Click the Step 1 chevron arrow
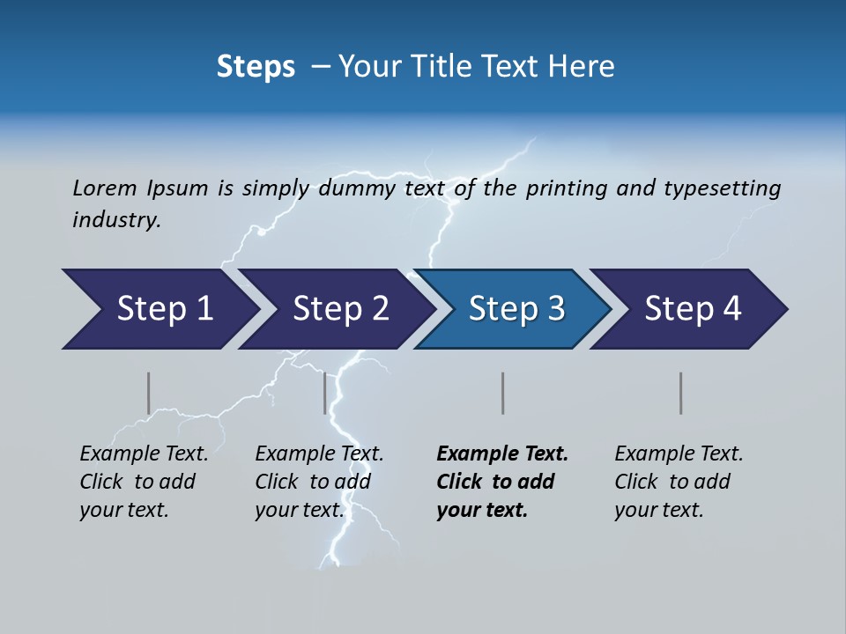164,309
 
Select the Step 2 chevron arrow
340,309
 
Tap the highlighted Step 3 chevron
516,309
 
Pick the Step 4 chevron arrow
692,309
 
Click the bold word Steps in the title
256,67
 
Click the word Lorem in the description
104,188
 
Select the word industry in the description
115,220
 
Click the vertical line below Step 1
149,393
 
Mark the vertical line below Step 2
325,393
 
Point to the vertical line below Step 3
503,393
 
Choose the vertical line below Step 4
681,393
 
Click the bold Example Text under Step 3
502,454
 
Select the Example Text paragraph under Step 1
143,482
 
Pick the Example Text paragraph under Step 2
318,482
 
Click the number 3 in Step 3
554,309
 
